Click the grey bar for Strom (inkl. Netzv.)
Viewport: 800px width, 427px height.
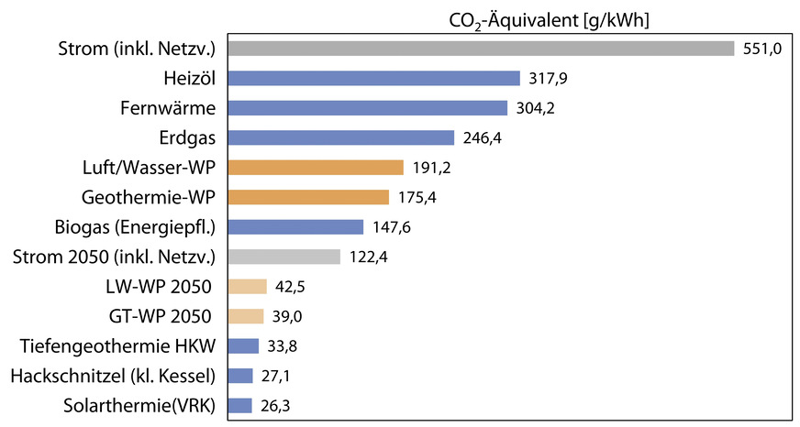point(481,49)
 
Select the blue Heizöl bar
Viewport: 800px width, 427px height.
point(373,79)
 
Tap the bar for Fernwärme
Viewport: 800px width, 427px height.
point(367,108)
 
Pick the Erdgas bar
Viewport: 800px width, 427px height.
point(340,137)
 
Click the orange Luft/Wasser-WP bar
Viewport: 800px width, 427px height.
point(316,168)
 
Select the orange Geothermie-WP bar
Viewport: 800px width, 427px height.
point(308,197)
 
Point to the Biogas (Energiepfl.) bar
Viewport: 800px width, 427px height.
point(295,226)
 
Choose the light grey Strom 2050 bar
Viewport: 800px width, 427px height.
point(283,257)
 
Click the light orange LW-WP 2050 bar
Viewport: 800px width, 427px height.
point(247,286)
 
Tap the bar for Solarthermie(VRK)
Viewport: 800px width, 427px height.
point(239,405)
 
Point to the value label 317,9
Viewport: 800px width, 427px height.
point(548,79)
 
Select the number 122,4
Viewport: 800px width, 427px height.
point(368,257)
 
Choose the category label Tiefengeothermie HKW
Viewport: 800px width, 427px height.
point(117,345)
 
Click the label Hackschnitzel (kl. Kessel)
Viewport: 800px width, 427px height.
point(113,376)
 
